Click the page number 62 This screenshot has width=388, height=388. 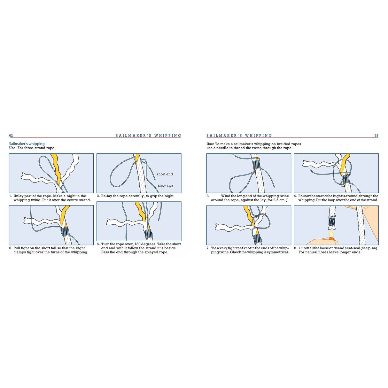11,136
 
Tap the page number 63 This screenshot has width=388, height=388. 376,136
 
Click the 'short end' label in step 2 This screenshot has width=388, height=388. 165,174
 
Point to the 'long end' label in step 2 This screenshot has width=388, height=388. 165,186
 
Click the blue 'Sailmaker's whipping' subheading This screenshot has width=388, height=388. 27,144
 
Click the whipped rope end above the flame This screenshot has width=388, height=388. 332,221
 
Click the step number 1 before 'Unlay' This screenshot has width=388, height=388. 10,196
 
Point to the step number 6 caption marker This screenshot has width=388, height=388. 98,244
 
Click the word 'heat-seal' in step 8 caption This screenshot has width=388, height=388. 351,248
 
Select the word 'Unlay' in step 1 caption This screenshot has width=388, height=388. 19,196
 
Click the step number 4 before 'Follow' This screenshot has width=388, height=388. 295,196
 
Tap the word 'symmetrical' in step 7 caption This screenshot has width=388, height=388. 278,252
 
